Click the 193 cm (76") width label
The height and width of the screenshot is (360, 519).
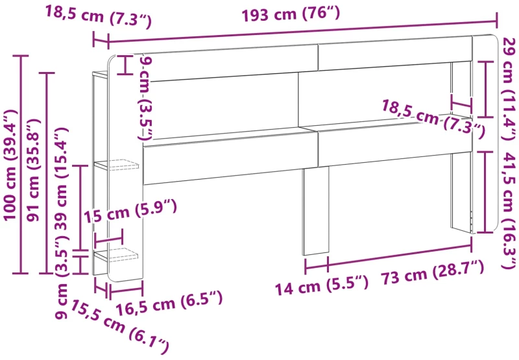pyautogui.click(x=291, y=15)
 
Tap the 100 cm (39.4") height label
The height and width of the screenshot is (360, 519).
pyautogui.click(x=10, y=165)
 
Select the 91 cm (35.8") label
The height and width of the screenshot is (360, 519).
pyautogui.click(x=33, y=169)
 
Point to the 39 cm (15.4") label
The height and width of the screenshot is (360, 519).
pyautogui.click(x=61, y=178)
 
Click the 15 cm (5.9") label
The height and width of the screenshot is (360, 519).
pyautogui.click(x=130, y=211)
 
